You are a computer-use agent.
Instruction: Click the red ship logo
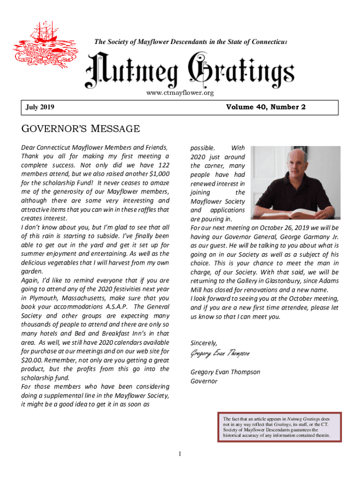pyautogui.click(x=40, y=44)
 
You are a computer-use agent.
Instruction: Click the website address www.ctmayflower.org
pyautogui.click(x=180, y=93)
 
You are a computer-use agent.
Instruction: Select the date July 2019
pyautogui.click(x=40, y=108)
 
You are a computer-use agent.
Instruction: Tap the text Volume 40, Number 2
pyautogui.click(x=266, y=107)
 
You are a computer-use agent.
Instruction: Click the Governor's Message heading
pyautogui.click(x=80, y=129)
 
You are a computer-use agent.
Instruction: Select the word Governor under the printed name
pyautogui.click(x=204, y=381)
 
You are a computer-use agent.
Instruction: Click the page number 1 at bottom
pyautogui.click(x=180, y=454)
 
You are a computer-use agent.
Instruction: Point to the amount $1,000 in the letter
pyautogui.click(x=158, y=174)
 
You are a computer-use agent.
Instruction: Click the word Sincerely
pyautogui.click(x=204, y=343)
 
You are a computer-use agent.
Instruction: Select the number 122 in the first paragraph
pyautogui.click(x=163, y=165)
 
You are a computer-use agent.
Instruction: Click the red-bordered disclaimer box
pyautogui.click(x=279, y=427)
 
